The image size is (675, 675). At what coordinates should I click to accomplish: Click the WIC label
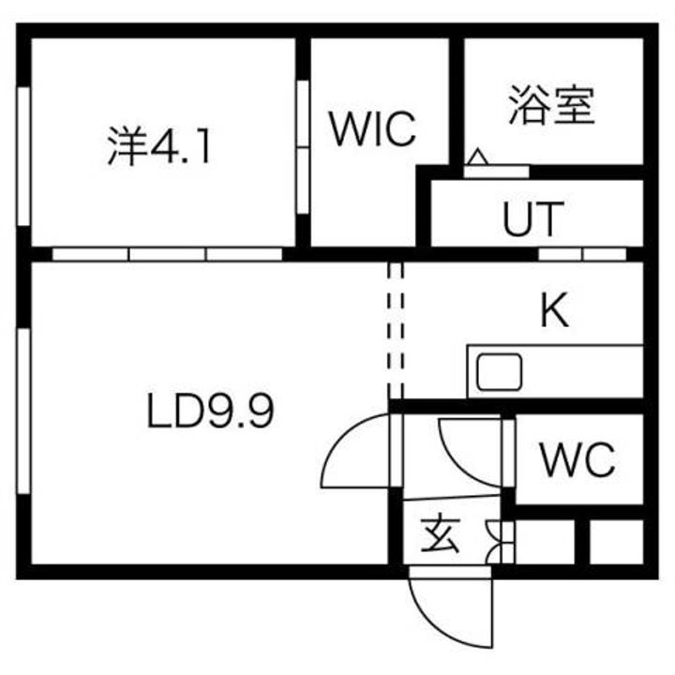click(x=373, y=128)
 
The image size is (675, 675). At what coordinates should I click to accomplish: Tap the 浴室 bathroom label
click(x=551, y=105)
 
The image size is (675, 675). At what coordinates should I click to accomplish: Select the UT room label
click(x=532, y=218)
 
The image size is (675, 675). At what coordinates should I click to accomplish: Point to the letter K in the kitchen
click(x=554, y=309)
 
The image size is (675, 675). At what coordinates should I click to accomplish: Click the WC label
click(x=577, y=459)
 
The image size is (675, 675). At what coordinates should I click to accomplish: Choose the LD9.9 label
click(x=211, y=412)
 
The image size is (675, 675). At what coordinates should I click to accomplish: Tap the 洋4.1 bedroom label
click(x=158, y=145)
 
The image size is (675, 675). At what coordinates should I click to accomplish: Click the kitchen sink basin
click(x=500, y=372)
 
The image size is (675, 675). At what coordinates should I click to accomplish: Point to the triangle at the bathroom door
click(x=477, y=157)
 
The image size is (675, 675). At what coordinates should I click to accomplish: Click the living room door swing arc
click(x=354, y=451)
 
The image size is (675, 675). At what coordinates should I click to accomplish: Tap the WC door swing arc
click(x=470, y=453)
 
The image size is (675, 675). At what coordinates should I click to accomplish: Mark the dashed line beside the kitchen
click(x=396, y=330)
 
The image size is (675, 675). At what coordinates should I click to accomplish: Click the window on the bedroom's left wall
click(x=24, y=156)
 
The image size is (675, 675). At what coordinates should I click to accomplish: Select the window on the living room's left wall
click(x=24, y=412)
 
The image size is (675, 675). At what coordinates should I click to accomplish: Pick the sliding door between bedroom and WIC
click(x=303, y=147)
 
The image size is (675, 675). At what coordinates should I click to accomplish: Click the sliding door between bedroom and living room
click(x=167, y=254)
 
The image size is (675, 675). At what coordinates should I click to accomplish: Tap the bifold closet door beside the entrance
click(x=501, y=542)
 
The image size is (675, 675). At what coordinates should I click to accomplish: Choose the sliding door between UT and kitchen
click(x=582, y=254)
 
